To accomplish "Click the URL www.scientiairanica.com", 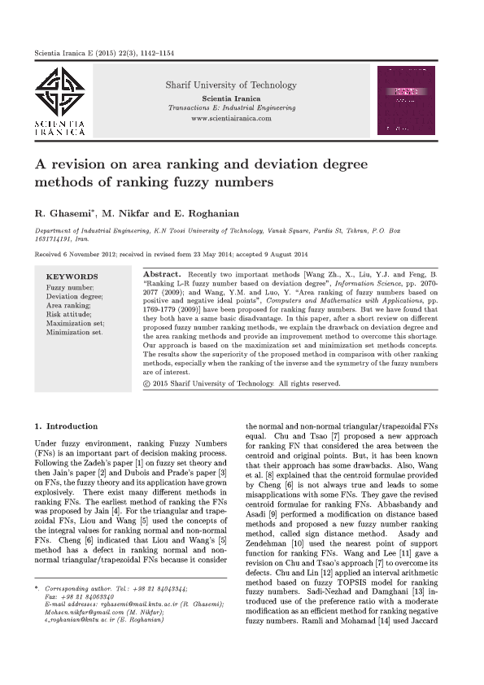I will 231,118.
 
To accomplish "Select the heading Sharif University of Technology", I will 231,85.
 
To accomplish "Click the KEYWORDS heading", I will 72,277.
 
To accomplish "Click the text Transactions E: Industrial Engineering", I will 231,107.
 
